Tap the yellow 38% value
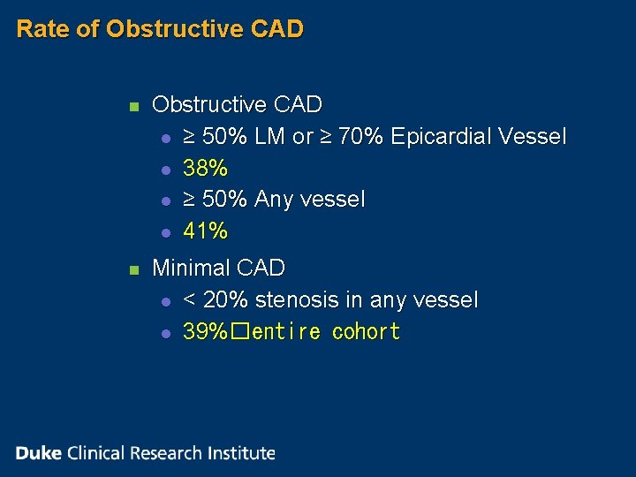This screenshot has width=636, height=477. pyautogui.click(x=205, y=168)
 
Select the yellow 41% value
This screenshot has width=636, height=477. pyautogui.click(x=205, y=231)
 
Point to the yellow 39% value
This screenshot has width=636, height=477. pyautogui.click(x=205, y=332)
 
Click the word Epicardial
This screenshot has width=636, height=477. pyautogui.click(x=441, y=136)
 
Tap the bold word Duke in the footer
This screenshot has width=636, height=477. pyautogui.click(x=38, y=453)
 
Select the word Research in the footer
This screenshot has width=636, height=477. pyautogui.click(x=167, y=453)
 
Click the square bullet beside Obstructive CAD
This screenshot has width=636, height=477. pyautogui.click(x=132, y=106)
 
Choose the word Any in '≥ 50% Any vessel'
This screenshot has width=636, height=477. pyautogui.click(x=273, y=200)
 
